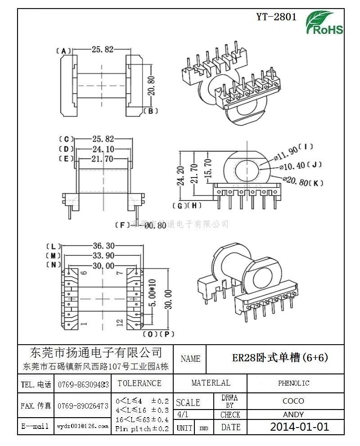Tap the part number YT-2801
point(276,17)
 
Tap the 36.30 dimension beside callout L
point(103,246)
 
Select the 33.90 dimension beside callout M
point(103,256)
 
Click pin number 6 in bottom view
point(83,273)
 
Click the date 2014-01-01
point(299,427)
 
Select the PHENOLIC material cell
point(293,383)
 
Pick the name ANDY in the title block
point(293,414)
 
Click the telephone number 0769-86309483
point(83,384)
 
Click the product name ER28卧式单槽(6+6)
point(279,358)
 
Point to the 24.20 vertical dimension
point(180,176)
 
